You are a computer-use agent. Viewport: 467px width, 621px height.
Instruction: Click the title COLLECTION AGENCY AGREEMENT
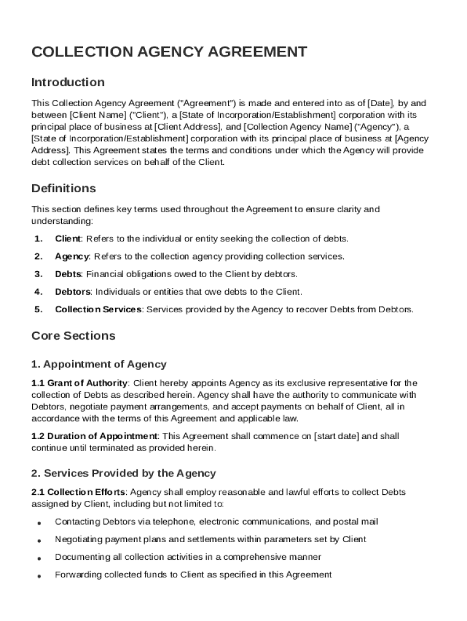(x=169, y=52)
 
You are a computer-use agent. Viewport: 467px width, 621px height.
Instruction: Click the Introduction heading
(x=68, y=82)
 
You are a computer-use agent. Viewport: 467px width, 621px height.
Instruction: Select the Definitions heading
(x=64, y=188)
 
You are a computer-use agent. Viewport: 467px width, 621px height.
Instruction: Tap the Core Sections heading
(x=73, y=335)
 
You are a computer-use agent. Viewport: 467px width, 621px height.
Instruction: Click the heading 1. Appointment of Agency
(x=99, y=364)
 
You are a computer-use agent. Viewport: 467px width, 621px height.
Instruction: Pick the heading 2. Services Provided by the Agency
(x=124, y=473)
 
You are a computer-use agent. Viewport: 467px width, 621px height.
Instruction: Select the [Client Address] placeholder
(x=187, y=127)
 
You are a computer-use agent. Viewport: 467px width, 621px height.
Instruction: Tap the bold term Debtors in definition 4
(x=73, y=292)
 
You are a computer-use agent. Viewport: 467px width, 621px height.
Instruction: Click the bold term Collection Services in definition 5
(x=98, y=309)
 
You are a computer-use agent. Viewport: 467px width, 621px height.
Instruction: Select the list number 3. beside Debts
(x=38, y=274)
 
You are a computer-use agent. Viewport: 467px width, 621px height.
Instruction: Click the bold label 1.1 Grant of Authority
(x=79, y=383)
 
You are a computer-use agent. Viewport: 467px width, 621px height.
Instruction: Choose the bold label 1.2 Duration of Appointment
(x=95, y=436)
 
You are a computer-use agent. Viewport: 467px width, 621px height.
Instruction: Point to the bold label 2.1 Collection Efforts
(x=79, y=492)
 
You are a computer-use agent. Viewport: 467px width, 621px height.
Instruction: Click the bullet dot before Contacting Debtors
(x=39, y=523)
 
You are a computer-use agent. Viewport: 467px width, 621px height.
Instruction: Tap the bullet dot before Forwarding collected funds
(x=39, y=576)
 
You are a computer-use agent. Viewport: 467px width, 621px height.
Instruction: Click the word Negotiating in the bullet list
(x=76, y=539)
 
